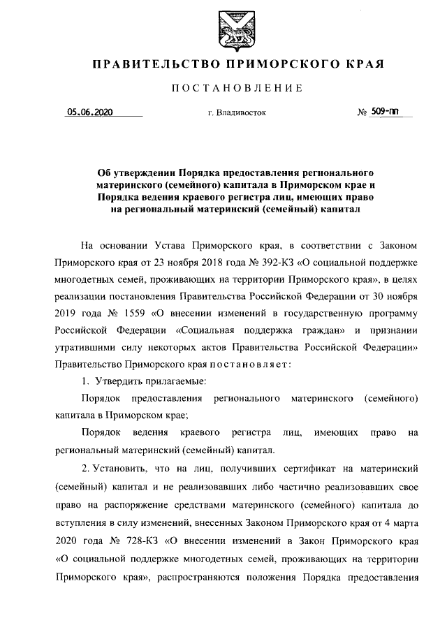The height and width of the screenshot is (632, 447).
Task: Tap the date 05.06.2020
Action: click(x=89, y=111)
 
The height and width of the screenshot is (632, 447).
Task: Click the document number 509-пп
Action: click(x=385, y=110)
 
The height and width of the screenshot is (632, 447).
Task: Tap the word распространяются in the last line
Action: click(x=238, y=578)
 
